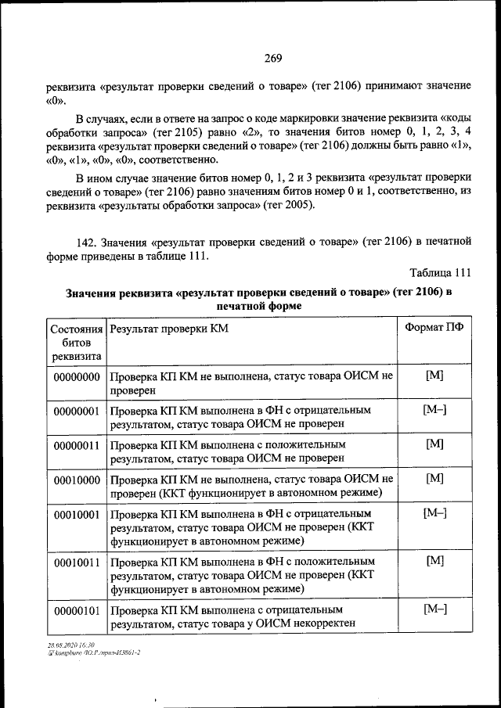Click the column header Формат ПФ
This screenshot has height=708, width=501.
pos(434,329)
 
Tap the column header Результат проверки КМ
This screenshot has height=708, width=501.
pos(169,329)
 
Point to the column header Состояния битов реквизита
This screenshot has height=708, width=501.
pos(76,342)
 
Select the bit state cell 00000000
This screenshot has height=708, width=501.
pos(76,376)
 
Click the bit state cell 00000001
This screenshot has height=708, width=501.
pos(76,410)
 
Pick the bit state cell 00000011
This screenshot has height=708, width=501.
pos(76,444)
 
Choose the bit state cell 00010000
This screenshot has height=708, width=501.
pos(76,478)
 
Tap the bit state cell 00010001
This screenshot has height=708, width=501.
pos(76,514)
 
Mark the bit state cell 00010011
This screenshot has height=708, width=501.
pos(76,562)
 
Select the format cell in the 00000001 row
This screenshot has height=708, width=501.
pos(434,410)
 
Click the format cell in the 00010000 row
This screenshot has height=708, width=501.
pos(434,477)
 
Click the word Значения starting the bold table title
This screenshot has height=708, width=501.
pos(92,293)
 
